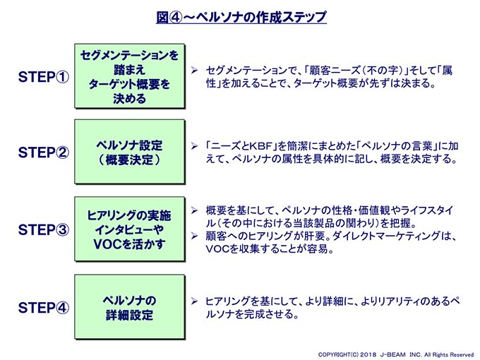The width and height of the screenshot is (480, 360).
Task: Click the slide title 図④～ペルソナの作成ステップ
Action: pos(241,16)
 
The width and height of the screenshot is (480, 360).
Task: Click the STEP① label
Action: pos(43,78)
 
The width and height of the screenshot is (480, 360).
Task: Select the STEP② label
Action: pos(43,153)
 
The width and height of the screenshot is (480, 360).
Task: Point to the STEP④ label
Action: pos(43,307)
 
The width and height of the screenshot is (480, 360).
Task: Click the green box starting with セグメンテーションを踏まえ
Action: pos(129,76)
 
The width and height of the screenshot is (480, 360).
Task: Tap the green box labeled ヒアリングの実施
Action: pos(129,229)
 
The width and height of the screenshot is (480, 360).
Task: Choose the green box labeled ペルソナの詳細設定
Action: pos(129,306)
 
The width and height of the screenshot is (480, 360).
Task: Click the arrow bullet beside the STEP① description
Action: pos(195,71)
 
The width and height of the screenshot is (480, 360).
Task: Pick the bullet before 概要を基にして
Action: pos(195,210)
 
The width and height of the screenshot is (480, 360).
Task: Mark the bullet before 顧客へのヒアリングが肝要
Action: pos(195,236)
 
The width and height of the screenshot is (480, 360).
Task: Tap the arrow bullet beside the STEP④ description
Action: pos(195,301)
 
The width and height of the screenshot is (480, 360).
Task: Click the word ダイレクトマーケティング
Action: pos(388,236)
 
